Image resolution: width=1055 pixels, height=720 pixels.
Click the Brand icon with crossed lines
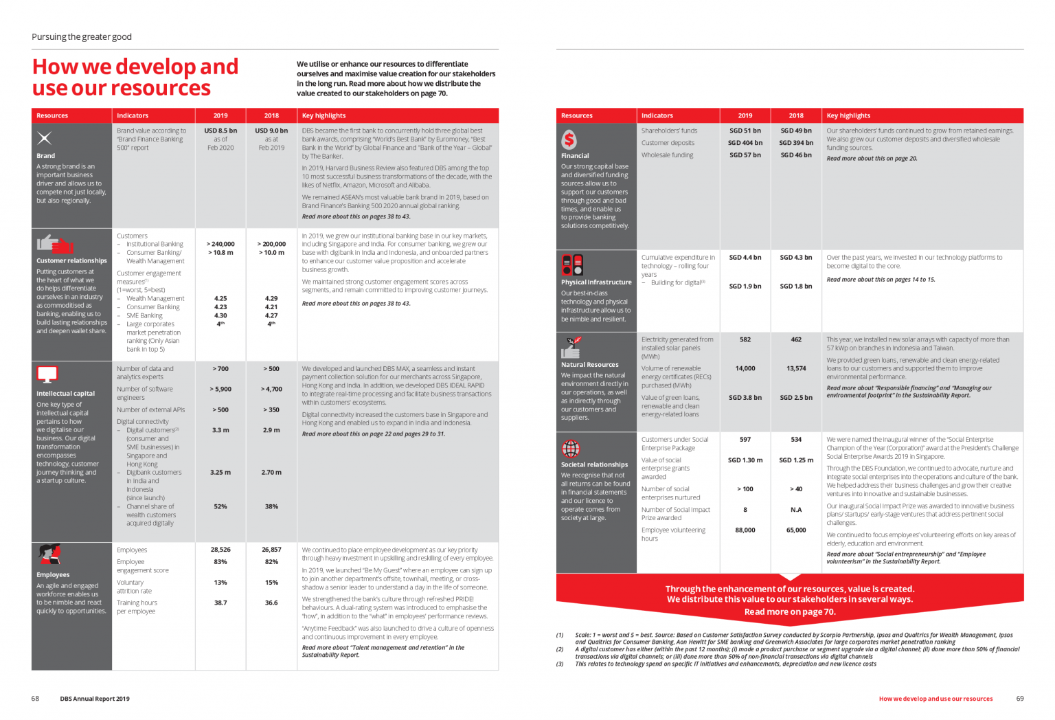[45, 138]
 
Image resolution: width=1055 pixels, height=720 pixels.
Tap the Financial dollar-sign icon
[569, 139]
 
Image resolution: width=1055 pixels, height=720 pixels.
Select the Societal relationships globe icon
[571, 449]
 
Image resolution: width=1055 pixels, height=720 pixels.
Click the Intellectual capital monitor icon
[47, 374]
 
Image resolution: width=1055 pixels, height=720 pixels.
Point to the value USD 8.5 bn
[220, 131]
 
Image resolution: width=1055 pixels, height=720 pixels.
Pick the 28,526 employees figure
[220, 550]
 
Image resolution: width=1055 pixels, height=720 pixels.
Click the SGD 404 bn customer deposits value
[745, 143]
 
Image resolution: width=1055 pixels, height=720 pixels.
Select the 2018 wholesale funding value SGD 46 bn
[796, 155]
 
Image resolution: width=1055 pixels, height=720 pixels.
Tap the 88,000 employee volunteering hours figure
[745, 530]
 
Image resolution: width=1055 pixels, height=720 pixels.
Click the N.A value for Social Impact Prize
[796, 510]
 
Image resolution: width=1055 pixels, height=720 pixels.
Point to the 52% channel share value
[220, 506]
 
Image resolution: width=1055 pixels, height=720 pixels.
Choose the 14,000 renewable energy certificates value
[745, 368]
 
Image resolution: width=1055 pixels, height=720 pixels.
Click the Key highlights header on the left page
[324, 115]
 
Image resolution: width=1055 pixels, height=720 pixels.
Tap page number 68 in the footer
[35, 699]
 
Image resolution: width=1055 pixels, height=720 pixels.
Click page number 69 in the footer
[1020, 699]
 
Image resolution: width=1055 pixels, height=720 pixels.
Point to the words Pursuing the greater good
[82, 37]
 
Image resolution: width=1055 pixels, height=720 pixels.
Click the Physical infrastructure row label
[596, 282]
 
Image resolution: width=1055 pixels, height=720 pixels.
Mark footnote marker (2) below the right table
[560, 649]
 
